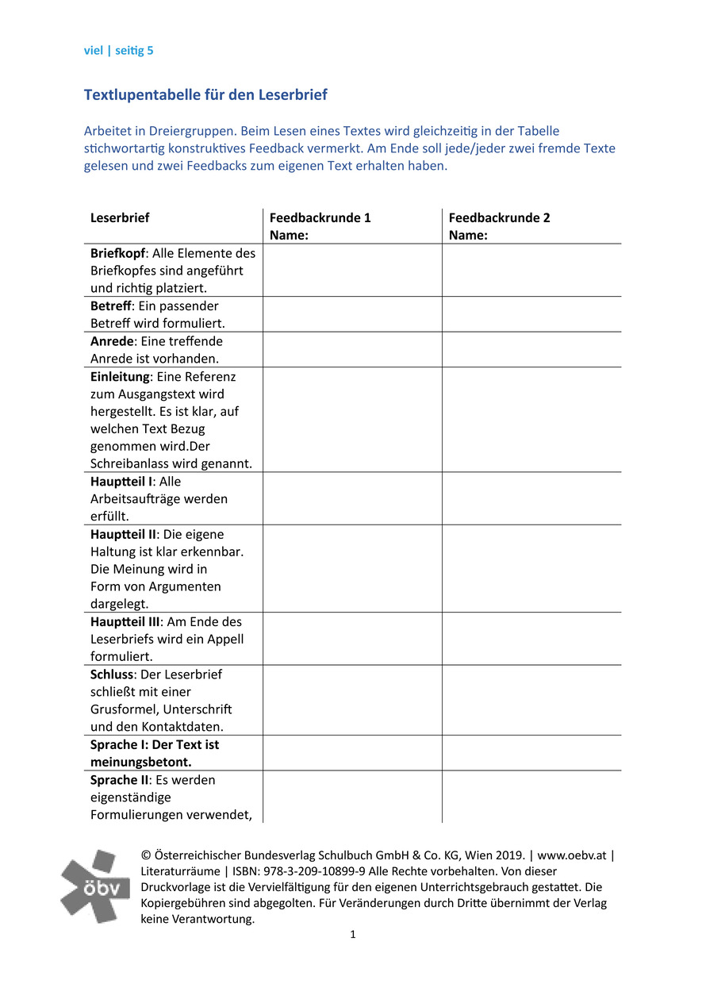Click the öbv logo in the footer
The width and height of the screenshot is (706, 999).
click(95, 885)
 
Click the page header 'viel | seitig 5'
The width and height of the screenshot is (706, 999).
click(118, 51)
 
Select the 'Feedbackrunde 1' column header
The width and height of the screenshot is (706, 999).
click(320, 217)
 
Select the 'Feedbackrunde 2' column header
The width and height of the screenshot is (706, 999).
click(499, 217)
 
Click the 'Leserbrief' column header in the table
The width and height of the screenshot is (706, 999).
click(120, 217)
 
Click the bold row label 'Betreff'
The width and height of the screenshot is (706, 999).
click(110, 306)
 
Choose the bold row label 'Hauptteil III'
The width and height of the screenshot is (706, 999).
click(125, 622)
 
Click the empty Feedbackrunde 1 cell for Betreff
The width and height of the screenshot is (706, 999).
click(351, 314)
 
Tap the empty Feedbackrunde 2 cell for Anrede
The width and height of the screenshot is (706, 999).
click(531, 349)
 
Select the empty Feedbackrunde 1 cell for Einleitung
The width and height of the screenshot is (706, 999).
click(351, 420)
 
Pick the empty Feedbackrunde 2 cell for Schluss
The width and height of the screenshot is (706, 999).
click(531, 701)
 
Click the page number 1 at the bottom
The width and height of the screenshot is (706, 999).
click(353, 935)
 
